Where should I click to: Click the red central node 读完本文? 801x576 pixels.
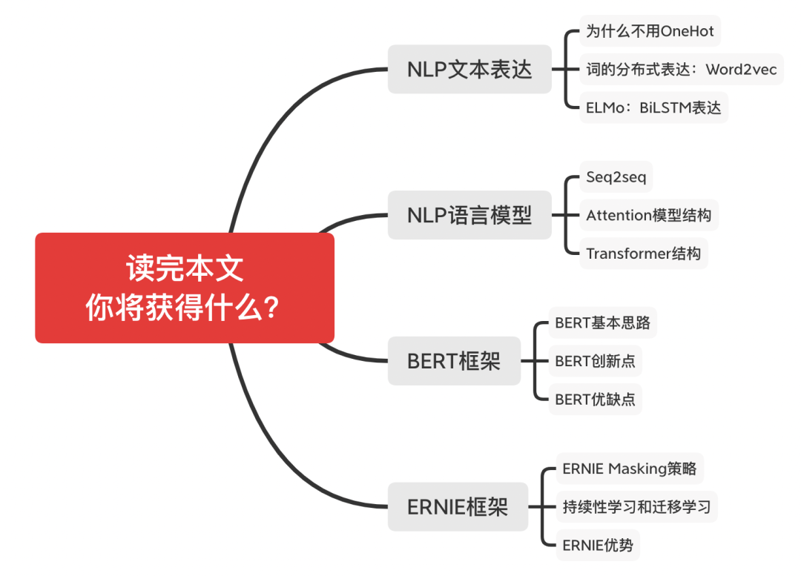point(185,288)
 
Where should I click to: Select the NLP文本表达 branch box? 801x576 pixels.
point(469,70)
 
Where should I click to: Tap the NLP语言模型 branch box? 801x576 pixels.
point(469,215)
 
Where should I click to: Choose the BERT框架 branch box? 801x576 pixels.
point(454,361)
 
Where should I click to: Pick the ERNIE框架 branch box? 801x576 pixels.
point(458,507)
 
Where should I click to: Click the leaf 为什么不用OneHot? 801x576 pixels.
point(650,32)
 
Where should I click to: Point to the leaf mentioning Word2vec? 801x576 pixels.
point(681,70)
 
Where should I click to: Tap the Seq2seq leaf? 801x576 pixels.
point(615,177)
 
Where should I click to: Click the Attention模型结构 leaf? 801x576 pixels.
point(648,215)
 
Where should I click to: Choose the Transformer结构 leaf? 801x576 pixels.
point(643,254)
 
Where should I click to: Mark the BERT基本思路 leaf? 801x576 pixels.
point(602,323)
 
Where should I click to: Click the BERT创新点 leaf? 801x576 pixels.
point(595,361)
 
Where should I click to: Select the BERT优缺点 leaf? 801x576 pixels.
point(595,400)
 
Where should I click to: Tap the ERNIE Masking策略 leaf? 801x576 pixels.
point(629,469)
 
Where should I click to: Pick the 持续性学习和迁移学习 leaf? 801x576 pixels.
point(636,507)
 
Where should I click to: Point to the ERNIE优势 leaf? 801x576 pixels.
point(598,546)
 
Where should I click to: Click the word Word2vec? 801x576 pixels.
point(741,70)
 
